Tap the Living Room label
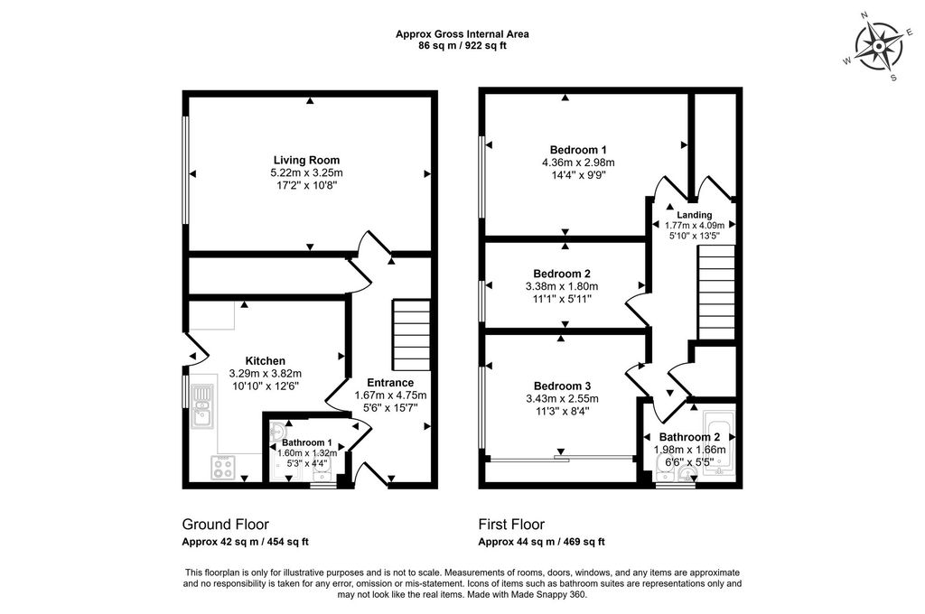coord(306,160)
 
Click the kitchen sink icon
coord(202,405)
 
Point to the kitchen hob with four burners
coord(223,468)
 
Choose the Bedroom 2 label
coord(562,274)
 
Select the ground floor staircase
coord(410,334)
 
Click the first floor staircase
coord(715,294)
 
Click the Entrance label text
coord(389,383)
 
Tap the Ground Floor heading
coord(225,524)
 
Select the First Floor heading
coord(511,524)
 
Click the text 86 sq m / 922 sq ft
coord(462,45)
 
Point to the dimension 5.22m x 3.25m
coord(306,172)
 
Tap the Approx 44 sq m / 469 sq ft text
coord(541,542)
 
